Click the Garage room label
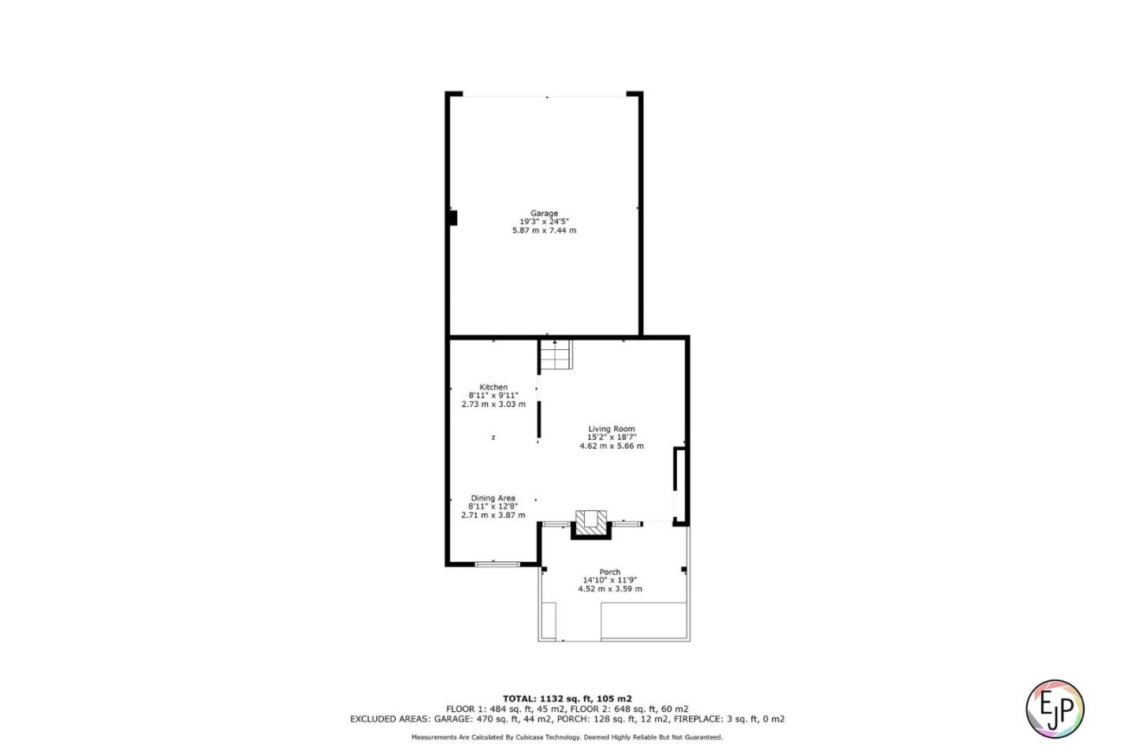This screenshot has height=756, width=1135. point(544,213)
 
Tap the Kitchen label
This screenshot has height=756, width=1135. point(493,387)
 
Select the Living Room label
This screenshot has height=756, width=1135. point(611,429)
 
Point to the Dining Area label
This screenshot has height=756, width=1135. point(493,498)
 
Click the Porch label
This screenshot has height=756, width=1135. point(609,572)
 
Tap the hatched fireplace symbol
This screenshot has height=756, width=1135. point(591,522)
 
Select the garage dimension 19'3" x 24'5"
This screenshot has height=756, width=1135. point(544,222)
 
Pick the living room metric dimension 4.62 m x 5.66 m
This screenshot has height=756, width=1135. point(611,446)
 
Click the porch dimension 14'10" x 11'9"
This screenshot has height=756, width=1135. point(609,580)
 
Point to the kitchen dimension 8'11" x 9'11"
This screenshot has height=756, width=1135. point(493,396)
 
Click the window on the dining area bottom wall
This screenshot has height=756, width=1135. point(497,564)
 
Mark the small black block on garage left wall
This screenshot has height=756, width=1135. point(452,218)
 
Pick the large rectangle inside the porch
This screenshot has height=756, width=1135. point(643,621)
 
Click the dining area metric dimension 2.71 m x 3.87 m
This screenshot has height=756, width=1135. point(493,516)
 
